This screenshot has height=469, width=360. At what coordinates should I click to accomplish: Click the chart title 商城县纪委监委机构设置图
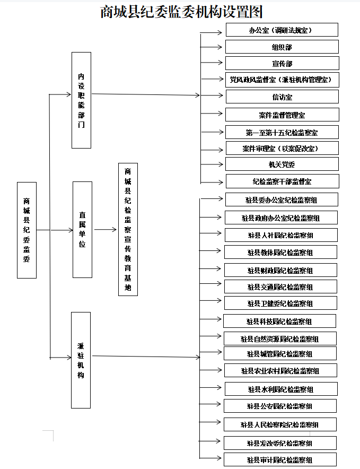coord(182,12)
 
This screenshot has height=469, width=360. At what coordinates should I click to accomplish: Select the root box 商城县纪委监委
coord(27,230)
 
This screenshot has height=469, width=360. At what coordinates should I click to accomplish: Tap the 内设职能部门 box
coord(81,100)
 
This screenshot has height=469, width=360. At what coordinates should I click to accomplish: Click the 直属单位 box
coord(82,230)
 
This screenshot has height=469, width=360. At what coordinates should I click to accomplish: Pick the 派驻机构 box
coord(81,360)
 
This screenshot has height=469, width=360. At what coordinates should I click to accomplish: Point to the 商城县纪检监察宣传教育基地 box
coord(128,229)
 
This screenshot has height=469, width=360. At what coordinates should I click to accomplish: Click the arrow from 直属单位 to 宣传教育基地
coord(105,230)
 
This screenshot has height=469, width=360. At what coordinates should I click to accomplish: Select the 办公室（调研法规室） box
coord(282,30)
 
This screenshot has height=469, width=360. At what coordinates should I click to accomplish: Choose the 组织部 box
coord(282,47)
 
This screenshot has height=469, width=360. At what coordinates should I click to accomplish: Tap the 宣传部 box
coord(282,64)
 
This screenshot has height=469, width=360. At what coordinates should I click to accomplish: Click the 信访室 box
coord(282,97)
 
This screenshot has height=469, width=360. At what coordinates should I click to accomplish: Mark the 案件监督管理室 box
coord(282,115)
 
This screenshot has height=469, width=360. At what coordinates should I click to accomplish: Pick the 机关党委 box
coord(282,164)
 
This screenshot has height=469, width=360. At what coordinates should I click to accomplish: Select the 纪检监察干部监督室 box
coord(282,181)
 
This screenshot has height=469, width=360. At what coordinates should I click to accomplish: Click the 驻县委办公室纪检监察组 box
coord(281,200)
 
